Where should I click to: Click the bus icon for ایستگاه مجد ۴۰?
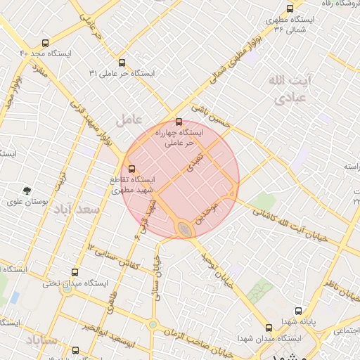pyautogui.click(x=46, y=43)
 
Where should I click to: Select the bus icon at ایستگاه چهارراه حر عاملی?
pyautogui.click(x=179, y=121)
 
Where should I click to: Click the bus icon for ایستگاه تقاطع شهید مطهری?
pyautogui.click(x=131, y=167)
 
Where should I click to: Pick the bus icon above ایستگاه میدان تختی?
pyautogui.click(x=76, y=272)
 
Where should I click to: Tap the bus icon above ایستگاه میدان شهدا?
pyautogui.click(x=269, y=327)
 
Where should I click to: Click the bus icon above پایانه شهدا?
pyautogui.click(x=299, y=311)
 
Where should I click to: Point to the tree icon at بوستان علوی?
pyautogui.click(x=27, y=190)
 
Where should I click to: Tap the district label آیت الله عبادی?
pyautogui.click(x=284, y=89)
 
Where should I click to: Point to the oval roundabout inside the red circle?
pyautogui.click(x=184, y=229)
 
